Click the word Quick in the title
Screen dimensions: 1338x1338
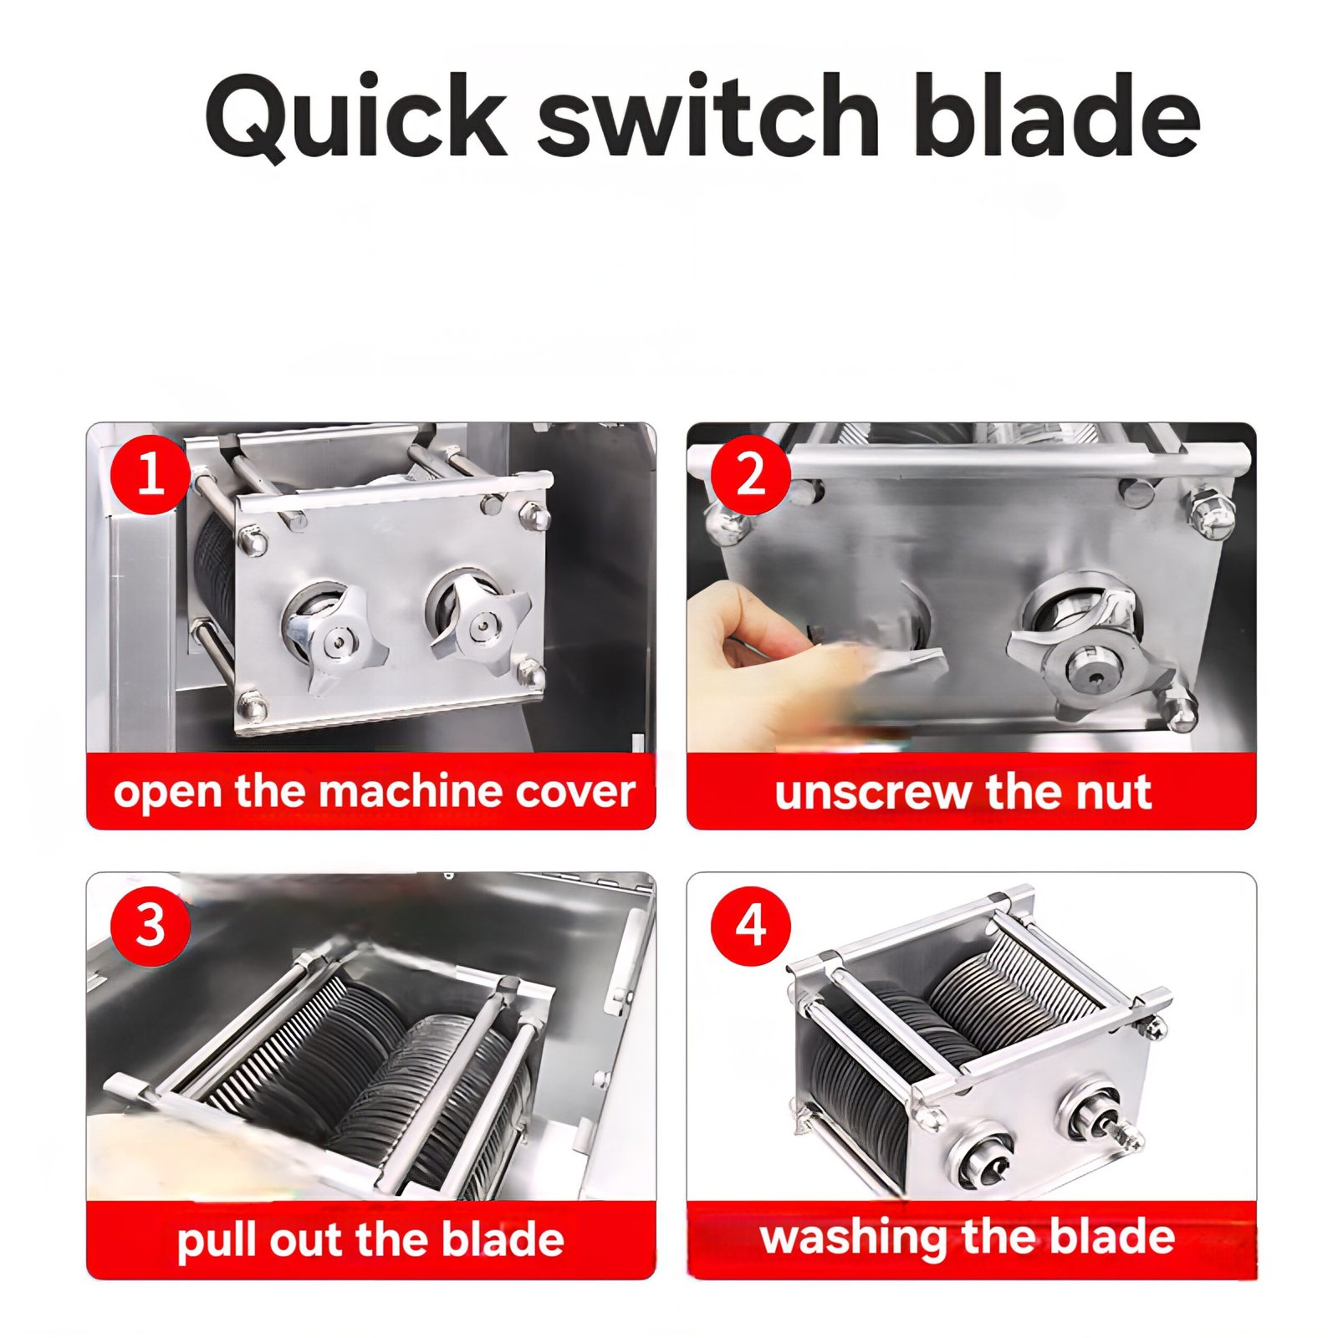(x=356, y=117)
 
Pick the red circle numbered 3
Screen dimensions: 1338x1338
(x=151, y=925)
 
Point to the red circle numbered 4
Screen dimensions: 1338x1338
(x=751, y=925)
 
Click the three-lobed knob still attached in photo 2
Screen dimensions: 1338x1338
(x=1089, y=665)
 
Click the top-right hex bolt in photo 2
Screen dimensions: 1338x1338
(x=1211, y=512)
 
